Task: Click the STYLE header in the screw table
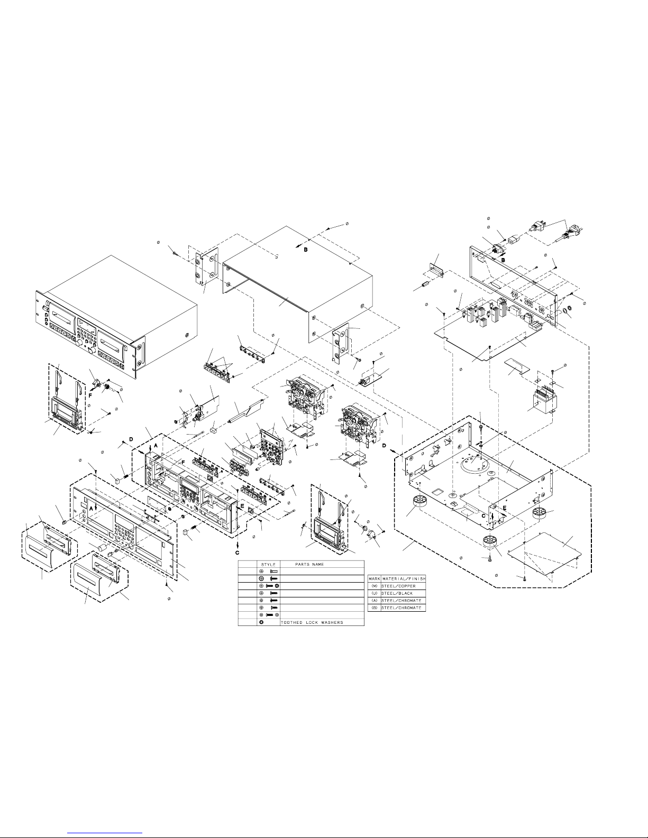point(268,565)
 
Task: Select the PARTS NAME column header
point(309,565)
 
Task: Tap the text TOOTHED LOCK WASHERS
point(312,622)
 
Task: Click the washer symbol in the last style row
point(262,622)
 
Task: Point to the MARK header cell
point(374,579)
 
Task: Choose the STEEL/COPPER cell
point(398,586)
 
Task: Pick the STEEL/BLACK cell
point(397,594)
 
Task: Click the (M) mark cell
point(374,586)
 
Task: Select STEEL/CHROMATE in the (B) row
point(401,608)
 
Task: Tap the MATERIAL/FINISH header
point(404,579)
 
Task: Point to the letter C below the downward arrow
point(237,553)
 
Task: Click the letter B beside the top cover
point(306,250)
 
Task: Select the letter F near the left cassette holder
point(90,395)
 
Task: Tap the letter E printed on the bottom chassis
point(504,508)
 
